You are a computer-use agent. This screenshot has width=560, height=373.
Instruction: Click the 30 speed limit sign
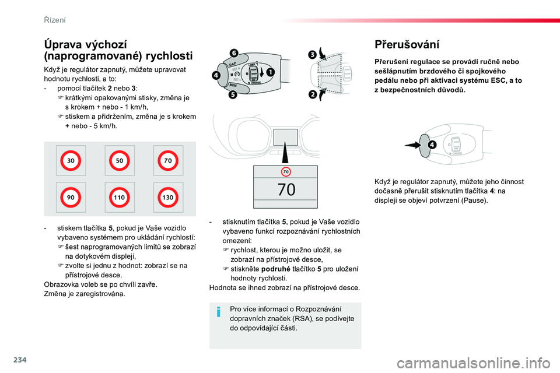[71, 161]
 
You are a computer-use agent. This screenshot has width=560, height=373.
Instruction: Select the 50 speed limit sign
[119, 161]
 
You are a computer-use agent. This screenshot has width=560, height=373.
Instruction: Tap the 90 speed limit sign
[71, 198]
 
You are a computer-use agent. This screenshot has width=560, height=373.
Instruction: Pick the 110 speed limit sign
[119, 198]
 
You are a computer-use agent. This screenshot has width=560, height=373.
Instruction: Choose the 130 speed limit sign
[168, 198]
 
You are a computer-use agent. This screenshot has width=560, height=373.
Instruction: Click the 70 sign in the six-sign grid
[168, 161]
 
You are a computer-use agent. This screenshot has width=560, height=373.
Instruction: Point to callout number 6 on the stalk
[233, 53]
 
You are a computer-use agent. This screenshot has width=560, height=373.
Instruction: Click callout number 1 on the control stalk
[270, 72]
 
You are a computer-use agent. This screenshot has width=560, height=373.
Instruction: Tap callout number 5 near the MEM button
[233, 94]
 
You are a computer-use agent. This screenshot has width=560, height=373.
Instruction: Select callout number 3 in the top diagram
[312, 55]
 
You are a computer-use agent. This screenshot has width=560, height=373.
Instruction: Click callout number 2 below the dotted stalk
[313, 94]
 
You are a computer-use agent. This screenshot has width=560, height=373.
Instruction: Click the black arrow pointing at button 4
[412, 145]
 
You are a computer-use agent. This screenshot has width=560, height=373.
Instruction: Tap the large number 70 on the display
[286, 189]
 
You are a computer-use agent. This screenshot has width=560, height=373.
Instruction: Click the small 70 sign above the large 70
[286, 172]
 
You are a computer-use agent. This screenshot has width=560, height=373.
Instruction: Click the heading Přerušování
[407, 45]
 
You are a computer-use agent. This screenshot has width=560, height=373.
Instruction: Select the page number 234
[20, 360]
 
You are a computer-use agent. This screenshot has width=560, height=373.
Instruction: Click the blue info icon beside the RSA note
[219, 312]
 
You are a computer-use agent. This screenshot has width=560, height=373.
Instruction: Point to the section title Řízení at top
[55, 20]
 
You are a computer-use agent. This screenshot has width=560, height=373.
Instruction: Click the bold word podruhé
[276, 269]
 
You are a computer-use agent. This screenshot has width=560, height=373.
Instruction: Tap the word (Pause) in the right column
[474, 200]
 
